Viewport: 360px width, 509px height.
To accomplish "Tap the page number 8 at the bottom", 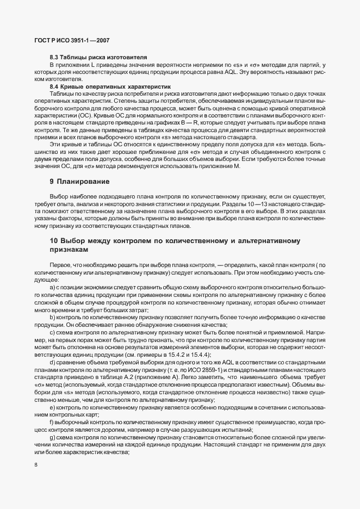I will pos(36,464).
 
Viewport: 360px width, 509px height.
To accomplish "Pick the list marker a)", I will pos(52,286).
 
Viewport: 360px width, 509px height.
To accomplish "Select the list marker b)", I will pos(52,316).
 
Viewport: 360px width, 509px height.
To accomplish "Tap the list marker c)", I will pos(52,332).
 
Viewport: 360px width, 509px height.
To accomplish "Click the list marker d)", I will pos(52,362).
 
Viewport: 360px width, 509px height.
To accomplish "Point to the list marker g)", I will pos(52,438).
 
